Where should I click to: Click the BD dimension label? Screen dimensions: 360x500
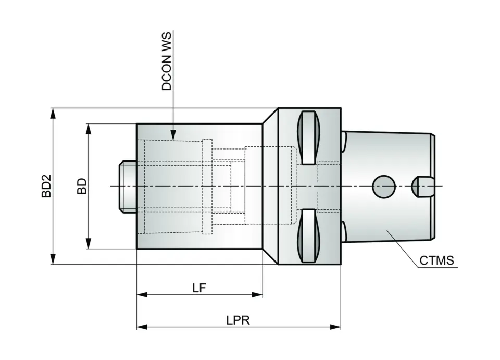point(82,187)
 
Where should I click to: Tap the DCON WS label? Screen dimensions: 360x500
point(167,61)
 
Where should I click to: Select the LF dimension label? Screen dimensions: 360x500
point(199,287)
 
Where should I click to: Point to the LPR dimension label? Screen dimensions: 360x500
point(238,320)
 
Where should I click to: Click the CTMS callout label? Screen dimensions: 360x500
point(437,260)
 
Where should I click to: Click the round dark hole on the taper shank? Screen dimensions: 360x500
point(383,186)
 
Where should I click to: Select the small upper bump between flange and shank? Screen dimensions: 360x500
point(344,139)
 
